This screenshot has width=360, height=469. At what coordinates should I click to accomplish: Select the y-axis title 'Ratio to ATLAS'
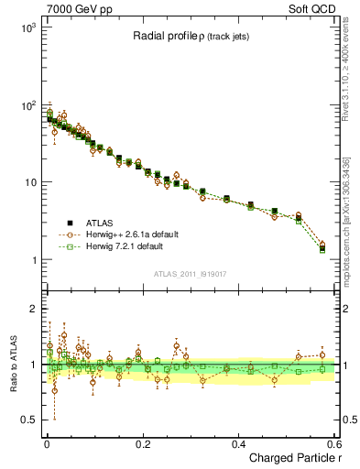click(x=12, y=365)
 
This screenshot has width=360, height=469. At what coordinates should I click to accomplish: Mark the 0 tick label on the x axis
click(x=46, y=443)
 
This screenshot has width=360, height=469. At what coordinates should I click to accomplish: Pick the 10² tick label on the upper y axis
click(x=28, y=105)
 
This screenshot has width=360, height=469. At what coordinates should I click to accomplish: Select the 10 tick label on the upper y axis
click(x=32, y=182)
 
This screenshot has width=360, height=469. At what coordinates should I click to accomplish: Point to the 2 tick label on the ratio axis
click(x=35, y=309)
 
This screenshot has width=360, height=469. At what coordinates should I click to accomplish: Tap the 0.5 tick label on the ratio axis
click(x=30, y=420)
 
